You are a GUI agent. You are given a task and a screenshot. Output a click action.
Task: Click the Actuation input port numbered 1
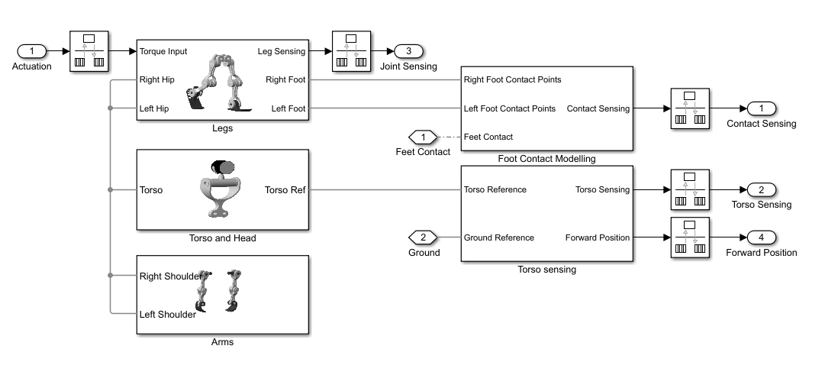[x=32, y=51]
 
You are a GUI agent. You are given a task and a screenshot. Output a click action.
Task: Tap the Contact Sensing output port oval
[x=761, y=108]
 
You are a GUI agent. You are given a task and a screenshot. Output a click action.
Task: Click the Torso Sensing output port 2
[x=761, y=189]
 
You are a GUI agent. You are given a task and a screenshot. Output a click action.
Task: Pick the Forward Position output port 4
[x=761, y=237]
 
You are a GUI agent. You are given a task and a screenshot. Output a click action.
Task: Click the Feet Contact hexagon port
[x=422, y=137]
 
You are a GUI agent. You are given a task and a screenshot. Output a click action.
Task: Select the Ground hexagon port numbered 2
[x=424, y=237]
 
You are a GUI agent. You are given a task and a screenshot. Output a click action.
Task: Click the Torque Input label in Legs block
[x=163, y=52]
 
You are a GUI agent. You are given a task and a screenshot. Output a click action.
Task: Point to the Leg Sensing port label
[x=282, y=52]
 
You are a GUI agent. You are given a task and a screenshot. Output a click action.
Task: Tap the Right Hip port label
[x=158, y=79]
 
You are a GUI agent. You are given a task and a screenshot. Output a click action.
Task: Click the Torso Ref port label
[x=285, y=190]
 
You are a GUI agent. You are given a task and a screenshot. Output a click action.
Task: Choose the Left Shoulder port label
[x=168, y=313]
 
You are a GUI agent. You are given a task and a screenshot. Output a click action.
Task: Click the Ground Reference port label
[x=499, y=237]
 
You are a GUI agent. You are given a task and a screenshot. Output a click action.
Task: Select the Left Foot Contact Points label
[x=510, y=108]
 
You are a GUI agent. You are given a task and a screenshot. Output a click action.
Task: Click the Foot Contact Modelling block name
[x=546, y=159]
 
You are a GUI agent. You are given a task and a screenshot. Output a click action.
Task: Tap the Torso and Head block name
[x=222, y=238]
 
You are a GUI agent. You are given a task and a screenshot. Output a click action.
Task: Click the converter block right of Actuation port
[x=89, y=51]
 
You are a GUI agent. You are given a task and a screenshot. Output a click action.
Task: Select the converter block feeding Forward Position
[x=690, y=237]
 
